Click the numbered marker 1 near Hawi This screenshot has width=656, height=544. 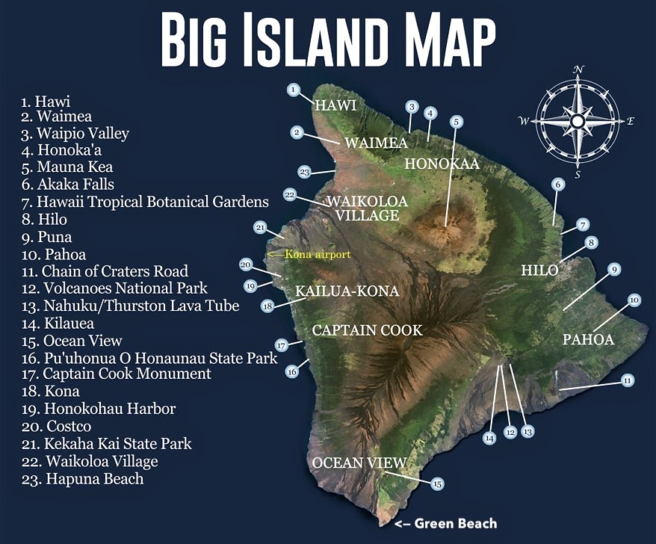pyautogui.click(x=294, y=90)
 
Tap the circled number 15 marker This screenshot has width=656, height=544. pyautogui.click(x=437, y=484)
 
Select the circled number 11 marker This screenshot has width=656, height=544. pyautogui.click(x=628, y=381)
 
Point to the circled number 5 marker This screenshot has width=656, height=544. pyautogui.click(x=456, y=121)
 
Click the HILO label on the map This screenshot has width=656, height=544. pyautogui.click(x=539, y=271)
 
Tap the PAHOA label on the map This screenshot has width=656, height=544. pyautogui.click(x=588, y=339)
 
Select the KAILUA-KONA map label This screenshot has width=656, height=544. pyautogui.click(x=347, y=291)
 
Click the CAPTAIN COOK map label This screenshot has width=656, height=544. pyautogui.click(x=367, y=330)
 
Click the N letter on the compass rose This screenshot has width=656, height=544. pyautogui.click(x=578, y=69)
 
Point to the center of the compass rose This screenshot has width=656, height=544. pyautogui.click(x=577, y=121)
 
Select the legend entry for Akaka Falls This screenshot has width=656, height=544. pyautogui.click(x=68, y=185)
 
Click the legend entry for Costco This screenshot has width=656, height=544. pyautogui.click(x=56, y=426)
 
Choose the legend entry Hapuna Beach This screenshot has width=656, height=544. pyautogui.click(x=82, y=479)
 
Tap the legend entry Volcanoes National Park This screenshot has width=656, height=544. pyautogui.click(x=114, y=288)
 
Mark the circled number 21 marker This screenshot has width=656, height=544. pyautogui.click(x=261, y=227)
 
